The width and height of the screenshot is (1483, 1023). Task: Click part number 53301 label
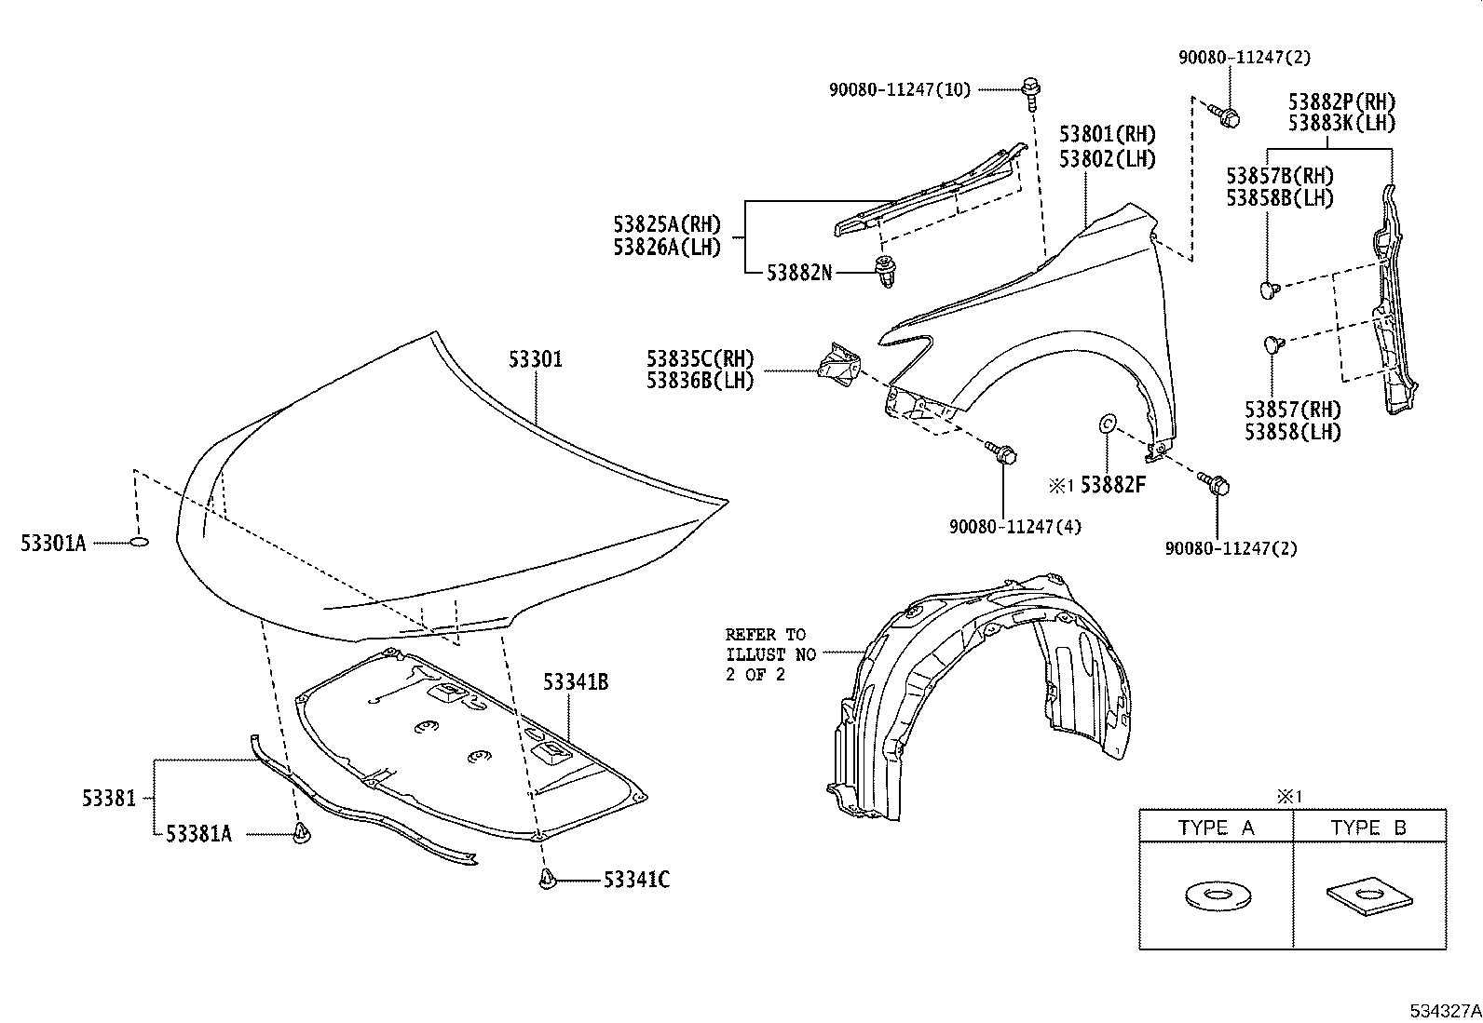[x=536, y=359]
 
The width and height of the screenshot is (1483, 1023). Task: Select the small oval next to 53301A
[x=138, y=542]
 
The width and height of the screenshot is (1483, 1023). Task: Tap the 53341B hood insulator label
[x=576, y=682]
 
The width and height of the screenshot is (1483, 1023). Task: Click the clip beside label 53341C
[x=547, y=879]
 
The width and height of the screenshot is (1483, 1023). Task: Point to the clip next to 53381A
[x=302, y=833]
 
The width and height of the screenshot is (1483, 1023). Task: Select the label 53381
[x=108, y=798]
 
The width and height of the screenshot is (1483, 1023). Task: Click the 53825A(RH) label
[x=667, y=224]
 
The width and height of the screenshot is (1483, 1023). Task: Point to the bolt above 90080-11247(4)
[x=1007, y=455]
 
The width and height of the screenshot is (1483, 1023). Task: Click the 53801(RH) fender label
[x=1107, y=134]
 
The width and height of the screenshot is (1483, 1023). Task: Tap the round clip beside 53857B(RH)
[x=1268, y=289]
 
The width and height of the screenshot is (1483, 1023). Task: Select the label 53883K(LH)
[x=1341, y=123]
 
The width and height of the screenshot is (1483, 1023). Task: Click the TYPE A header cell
[x=1216, y=828]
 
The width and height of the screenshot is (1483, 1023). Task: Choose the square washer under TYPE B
[x=1368, y=895]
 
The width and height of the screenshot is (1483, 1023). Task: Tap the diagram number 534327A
[x=1443, y=1010]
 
